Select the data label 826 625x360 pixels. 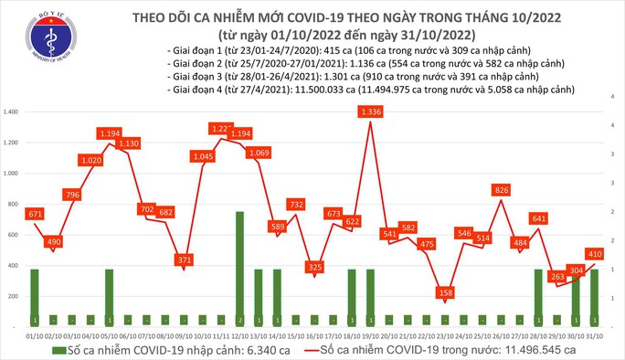pyautogui.click(x=501, y=190)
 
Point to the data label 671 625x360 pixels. pyautogui.click(x=34, y=213)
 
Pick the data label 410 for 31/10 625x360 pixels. pyautogui.click(x=593, y=252)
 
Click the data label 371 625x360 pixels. pyautogui.click(x=186, y=260)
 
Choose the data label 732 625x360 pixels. pyautogui.click(x=295, y=205)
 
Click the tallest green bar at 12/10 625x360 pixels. pyautogui.click(x=239, y=265)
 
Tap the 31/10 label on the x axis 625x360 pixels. pyautogui.click(x=590, y=336)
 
